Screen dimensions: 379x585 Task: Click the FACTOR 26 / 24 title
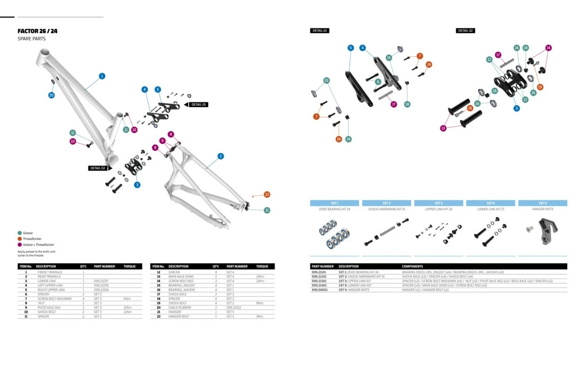(x=37, y=31)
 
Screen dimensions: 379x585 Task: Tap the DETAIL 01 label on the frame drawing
(x=198, y=105)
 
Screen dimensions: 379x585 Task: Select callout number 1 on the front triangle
(x=102, y=76)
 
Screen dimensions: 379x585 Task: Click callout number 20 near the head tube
(x=52, y=95)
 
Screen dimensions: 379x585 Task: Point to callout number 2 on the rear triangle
(x=221, y=156)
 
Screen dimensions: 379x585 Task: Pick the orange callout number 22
(x=267, y=194)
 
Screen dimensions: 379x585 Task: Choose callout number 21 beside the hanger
(x=267, y=210)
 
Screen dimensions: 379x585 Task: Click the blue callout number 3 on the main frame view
(x=137, y=185)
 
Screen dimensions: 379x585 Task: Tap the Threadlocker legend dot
(x=20, y=239)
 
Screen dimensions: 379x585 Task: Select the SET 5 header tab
(x=542, y=203)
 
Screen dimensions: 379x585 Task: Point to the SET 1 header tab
(x=335, y=203)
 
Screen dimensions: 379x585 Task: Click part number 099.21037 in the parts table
(x=101, y=281)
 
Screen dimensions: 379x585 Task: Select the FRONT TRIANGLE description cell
(x=50, y=272)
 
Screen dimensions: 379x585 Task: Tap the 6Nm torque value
(x=128, y=299)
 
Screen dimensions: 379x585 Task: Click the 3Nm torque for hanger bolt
(x=259, y=316)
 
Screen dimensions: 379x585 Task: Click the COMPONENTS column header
(x=412, y=266)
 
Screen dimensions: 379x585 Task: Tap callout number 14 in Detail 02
(x=548, y=48)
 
